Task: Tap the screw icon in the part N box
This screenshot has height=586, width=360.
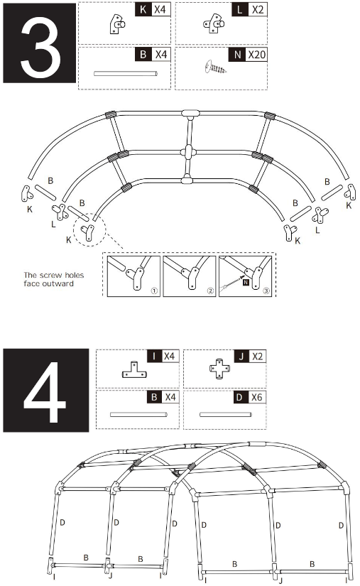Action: (x=217, y=68)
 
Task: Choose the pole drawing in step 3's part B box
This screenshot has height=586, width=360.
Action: (x=124, y=73)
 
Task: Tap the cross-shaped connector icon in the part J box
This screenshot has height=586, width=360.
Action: (x=221, y=370)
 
